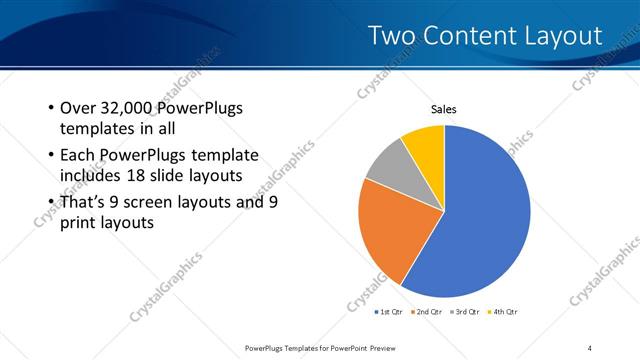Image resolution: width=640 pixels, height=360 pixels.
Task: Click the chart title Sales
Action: pos(444,110)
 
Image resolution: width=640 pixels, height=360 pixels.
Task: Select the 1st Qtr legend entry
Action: pos(391,312)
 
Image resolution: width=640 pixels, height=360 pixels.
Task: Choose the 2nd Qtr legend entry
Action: pos(428,312)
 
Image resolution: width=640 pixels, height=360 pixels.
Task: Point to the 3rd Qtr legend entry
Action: pos(465,312)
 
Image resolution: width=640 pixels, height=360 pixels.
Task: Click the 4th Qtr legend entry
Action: pos(502,312)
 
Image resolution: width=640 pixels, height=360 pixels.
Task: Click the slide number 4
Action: pos(590,347)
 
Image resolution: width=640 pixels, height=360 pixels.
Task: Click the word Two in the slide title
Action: pos(391,36)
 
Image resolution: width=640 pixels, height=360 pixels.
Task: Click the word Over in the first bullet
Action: pos(78,108)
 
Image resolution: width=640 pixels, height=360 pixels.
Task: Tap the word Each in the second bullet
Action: pos(78,155)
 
